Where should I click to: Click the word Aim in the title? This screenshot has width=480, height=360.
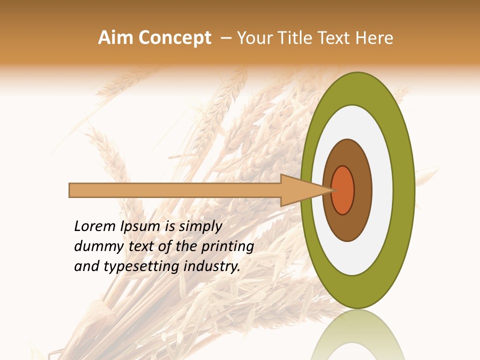click(x=115, y=38)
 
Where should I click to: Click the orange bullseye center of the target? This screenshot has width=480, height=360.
click(x=343, y=190)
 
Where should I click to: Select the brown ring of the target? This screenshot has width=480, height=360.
click(x=362, y=190)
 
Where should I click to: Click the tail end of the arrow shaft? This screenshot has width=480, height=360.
click(x=71, y=190)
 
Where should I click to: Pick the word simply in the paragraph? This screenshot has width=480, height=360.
click(x=200, y=227)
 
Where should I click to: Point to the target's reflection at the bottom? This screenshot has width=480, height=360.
click(x=357, y=335)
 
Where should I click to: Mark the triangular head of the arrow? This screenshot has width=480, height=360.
click(x=300, y=190)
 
